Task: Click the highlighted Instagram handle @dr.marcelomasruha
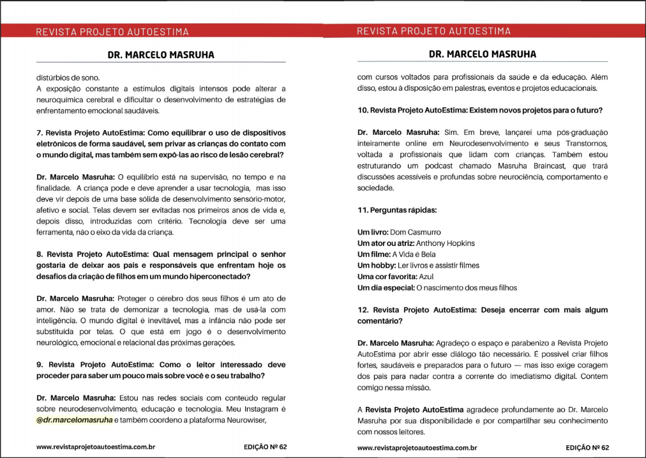point(75,420)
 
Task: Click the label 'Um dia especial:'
point(386,288)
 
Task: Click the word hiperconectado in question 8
point(218,276)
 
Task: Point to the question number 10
point(363,110)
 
